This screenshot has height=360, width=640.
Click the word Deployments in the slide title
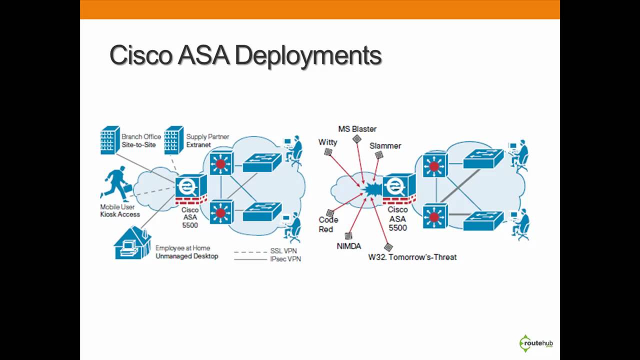tap(308, 55)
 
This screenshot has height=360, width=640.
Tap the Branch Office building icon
tap(110, 140)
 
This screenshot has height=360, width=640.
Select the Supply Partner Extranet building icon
tap(174, 140)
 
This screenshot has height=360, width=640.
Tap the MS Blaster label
tap(357, 129)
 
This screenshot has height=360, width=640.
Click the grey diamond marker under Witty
tap(328, 152)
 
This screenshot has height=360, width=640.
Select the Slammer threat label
tap(385, 145)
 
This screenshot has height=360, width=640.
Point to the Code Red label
tap(328, 224)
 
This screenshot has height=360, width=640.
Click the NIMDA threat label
tap(348, 245)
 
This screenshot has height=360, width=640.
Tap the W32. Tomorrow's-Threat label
tap(412, 257)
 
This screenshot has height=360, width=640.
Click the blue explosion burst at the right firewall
tap(372, 190)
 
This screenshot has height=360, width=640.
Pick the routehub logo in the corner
tap(536, 343)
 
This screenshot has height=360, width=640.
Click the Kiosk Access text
tap(120, 214)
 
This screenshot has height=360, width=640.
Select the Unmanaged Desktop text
tap(186, 256)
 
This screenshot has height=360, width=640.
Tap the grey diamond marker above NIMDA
tap(348, 235)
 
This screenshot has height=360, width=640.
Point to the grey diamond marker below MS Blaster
tap(356, 139)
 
